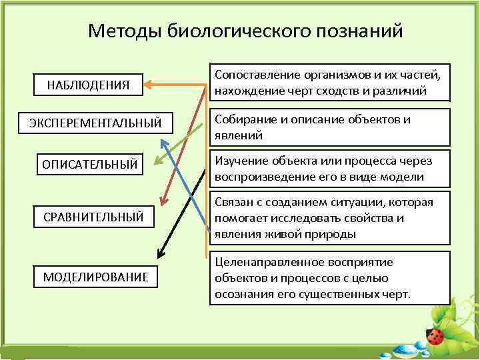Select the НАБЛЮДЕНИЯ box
click(x=88, y=85)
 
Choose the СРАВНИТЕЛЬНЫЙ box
click(x=93, y=217)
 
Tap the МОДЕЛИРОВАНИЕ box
click(x=96, y=277)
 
